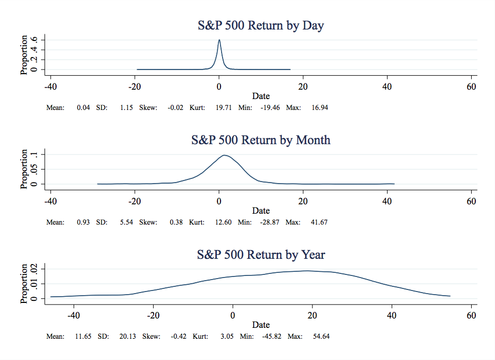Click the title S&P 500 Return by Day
[260, 25]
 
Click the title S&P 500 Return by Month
[260, 140]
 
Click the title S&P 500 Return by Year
[260, 255]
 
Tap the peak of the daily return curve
[219, 40]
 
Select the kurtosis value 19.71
[224, 108]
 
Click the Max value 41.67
[320, 222]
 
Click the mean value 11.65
[83, 336]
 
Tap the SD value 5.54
[128, 222]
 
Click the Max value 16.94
[320, 108]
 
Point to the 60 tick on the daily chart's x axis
[471, 87]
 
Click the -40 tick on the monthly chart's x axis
[50, 201]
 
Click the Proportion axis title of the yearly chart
[24, 284]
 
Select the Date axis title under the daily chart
[260, 96]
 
